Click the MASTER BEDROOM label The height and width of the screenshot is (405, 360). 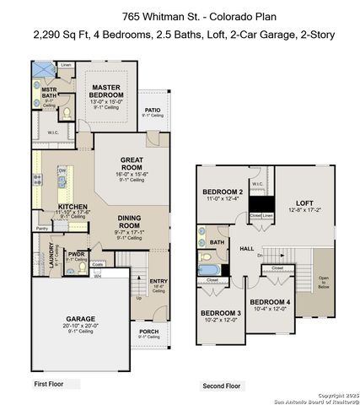coord(108,90)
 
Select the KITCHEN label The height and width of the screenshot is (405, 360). coord(73,206)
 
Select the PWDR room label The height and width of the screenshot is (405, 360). coord(77,253)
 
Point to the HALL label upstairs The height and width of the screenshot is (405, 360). coord(247,248)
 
